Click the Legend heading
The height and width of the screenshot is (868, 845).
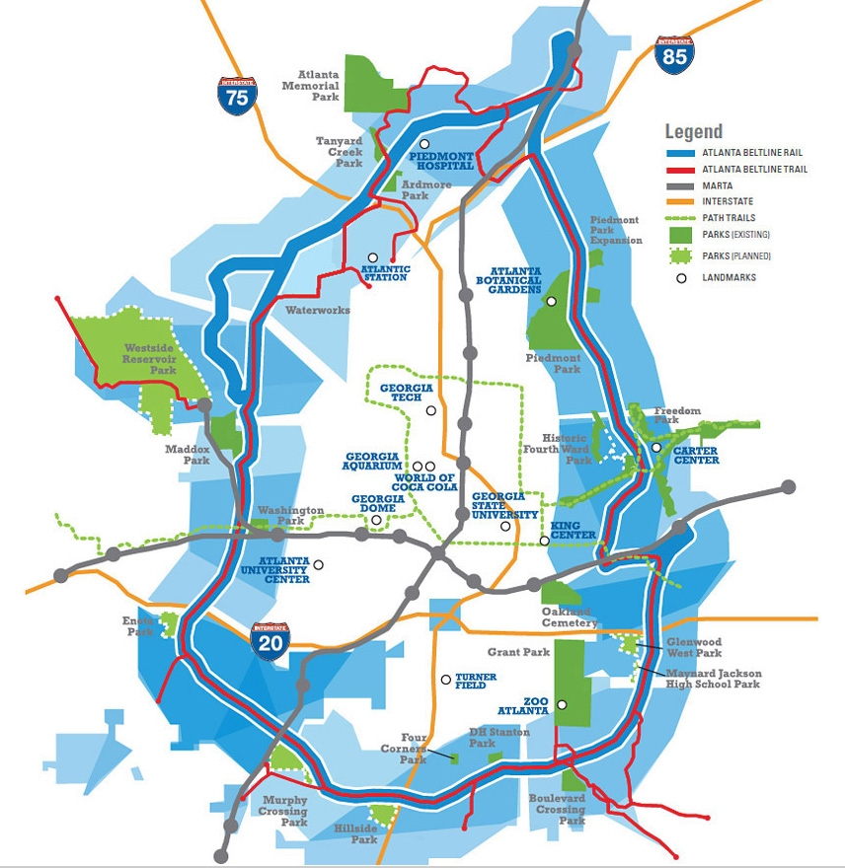click(x=693, y=131)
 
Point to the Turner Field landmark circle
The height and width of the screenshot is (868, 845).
click(x=446, y=680)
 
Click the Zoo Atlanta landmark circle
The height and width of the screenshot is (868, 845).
click(x=561, y=704)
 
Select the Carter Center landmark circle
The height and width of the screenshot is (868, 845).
click(x=655, y=448)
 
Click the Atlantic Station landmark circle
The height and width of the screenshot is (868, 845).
click(x=372, y=257)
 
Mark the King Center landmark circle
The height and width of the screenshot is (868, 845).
click(x=544, y=541)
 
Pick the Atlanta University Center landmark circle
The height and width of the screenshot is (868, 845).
click(x=318, y=565)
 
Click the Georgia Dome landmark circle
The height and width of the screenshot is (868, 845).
click(x=376, y=520)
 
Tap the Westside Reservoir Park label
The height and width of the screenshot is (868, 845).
click(x=149, y=359)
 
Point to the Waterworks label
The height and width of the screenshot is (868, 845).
click(x=318, y=310)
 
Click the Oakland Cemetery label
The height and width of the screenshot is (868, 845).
click(x=571, y=616)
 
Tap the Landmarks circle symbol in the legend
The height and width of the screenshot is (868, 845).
click(x=680, y=277)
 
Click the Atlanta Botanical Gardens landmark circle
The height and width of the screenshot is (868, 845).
click(x=552, y=301)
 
